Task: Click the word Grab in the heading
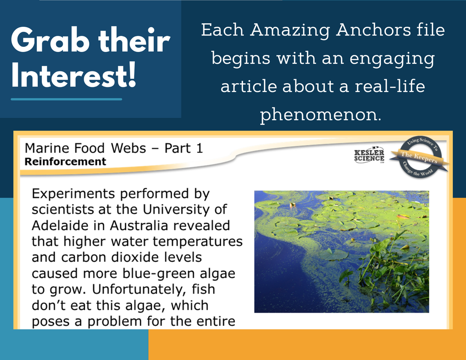[50, 41]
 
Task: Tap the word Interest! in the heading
[74, 76]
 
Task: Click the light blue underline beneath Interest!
[66, 99]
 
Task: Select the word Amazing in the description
[290, 30]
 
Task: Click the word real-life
[390, 86]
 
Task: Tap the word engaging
[392, 59]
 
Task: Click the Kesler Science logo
[369, 155]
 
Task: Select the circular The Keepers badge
[420, 157]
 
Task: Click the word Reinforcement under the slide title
[65, 162]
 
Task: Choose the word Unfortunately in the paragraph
[139, 290]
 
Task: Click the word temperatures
[198, 242]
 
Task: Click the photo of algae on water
[341, 252]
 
